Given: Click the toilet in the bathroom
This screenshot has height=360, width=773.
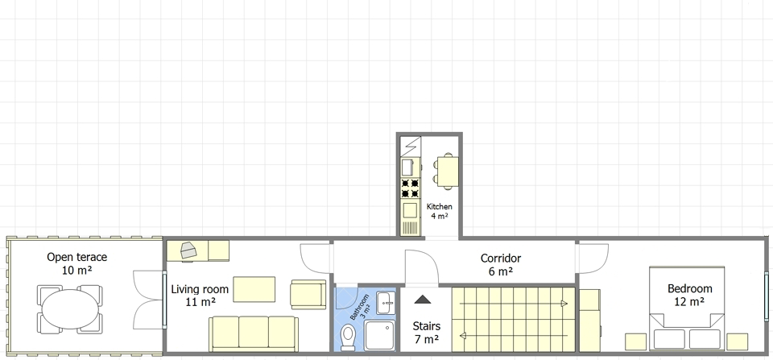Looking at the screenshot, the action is [x=348, y=337].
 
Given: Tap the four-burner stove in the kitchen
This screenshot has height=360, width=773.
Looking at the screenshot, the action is [x=410, y=188].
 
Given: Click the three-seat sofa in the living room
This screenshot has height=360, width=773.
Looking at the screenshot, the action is [x=254, y=334].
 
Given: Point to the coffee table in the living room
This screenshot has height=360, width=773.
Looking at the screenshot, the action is [x=254, y=289].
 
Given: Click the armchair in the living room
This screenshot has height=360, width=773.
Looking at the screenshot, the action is [x=308, y=295].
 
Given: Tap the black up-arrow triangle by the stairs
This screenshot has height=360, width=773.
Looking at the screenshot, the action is [x=423, y=299].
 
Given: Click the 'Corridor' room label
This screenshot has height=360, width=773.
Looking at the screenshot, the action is [x=500, y=258].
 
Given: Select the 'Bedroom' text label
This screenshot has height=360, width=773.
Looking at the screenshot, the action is [x=690, y=288].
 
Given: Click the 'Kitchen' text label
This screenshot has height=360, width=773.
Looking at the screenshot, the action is [x=440, y=207].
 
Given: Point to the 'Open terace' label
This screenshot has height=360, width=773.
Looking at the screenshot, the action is [x=77, y=257].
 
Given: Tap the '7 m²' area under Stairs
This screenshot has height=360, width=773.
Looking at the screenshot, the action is [x=427, y=339].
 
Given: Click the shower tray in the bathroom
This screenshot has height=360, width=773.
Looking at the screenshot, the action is [x=379, y=335].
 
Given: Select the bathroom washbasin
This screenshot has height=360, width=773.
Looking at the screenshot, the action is [x=386, y=303].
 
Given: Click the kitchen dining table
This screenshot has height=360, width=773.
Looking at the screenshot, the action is [x=448, y=171].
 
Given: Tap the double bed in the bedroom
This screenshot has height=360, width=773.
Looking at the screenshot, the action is [x=687, y=308].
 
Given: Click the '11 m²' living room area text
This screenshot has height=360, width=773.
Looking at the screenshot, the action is [x=200, y=302].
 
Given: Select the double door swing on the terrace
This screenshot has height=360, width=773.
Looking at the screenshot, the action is [x=148, y=300].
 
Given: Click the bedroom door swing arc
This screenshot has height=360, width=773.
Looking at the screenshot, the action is [x=594, y=259].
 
